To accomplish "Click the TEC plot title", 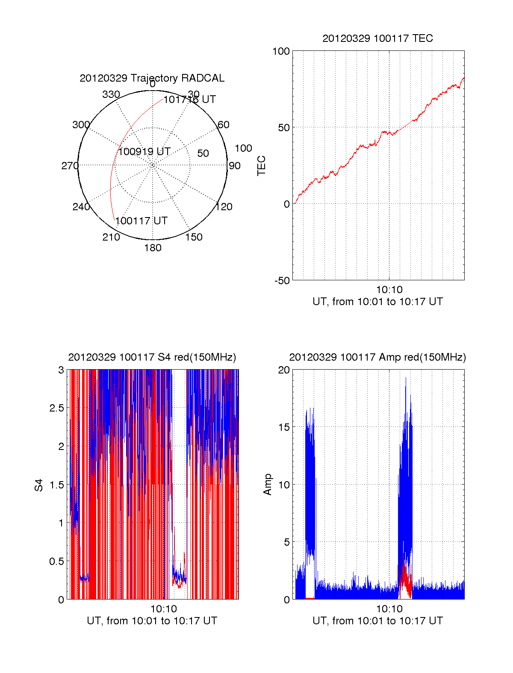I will point(377,38).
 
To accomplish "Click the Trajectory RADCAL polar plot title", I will point(152,78).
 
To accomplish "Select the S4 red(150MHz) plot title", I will point(152,357).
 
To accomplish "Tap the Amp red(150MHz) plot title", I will point(377,357).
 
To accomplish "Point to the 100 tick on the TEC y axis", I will point(281,51).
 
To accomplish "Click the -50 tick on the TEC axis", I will point(282,281).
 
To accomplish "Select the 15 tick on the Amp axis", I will point(284,427).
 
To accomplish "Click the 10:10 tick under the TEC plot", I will point(389,290).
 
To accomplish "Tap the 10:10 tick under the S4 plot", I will point(163,609).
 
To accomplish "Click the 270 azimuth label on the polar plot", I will point(70,166).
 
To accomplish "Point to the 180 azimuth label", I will point(153,248).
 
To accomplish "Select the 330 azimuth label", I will point(111,94).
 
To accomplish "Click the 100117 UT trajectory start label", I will point(142,221).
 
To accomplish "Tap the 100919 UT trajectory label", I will point(144,152).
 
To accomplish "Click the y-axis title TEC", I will point(261,166).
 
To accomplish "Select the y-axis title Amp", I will point(268,485).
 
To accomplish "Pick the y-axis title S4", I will point(39,485).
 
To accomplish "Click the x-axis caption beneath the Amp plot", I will point(377,621).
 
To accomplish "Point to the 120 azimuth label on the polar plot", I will point(224,207).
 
